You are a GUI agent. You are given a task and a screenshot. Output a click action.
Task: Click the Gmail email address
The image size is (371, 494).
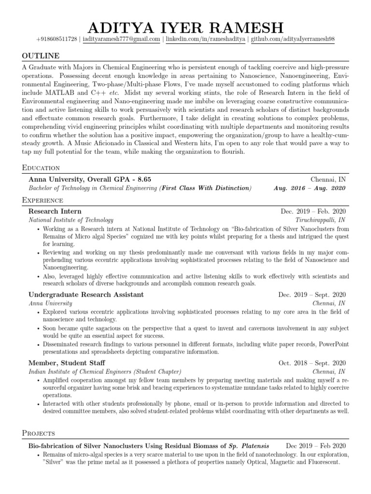click(x=121, y=40)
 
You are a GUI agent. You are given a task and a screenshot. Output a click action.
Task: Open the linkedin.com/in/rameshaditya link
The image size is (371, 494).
click(x=206, y=40)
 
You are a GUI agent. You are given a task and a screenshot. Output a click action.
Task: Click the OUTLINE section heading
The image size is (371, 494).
click(x=41, y=56)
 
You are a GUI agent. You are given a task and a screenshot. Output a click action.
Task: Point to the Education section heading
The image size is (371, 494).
click(x=41, y=168)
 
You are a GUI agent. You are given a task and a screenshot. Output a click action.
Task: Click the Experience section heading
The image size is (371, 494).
click(x=43, y=200)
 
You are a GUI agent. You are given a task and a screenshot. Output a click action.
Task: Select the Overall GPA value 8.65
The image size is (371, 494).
click(x=143, y=179)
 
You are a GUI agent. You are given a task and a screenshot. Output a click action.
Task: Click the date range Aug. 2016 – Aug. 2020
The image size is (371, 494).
click(x=310, y=188)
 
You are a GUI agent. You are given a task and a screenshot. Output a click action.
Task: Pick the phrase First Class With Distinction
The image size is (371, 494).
click(x=206, y=188)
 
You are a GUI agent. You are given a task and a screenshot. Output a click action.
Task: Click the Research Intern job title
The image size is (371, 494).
click(x=55, y=211)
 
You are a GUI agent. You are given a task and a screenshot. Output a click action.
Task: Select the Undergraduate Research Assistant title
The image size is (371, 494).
click(x=86, y=294)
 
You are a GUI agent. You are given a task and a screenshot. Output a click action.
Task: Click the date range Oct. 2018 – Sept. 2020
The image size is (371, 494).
click(x=312, y=363)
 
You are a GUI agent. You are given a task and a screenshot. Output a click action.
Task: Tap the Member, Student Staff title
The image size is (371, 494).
click(x=67, y=363)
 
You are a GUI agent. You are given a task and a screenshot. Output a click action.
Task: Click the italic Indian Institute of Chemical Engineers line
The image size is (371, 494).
click(x=105, y=371)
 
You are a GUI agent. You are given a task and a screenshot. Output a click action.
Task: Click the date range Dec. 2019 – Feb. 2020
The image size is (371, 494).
click(x=313, y=211)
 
